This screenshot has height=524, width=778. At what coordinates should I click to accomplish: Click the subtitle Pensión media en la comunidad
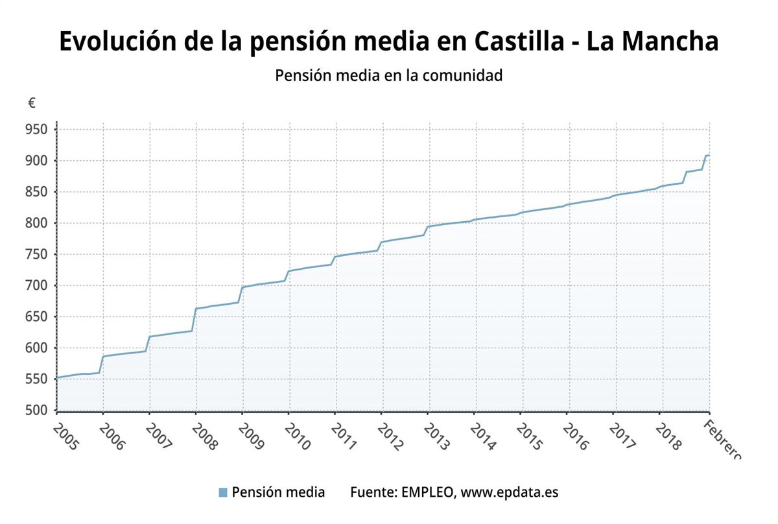[x=389, y=75]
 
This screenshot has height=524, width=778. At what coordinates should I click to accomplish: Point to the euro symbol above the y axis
[x=32, y=102]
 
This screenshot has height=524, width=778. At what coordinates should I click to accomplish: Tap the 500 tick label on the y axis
[x=38, y=410]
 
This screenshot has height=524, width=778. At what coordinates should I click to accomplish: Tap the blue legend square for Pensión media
[x=224, y=493]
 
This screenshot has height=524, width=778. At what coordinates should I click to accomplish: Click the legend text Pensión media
[x=278, y=492]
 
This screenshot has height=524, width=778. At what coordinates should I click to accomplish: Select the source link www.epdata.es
[x=510, y=492]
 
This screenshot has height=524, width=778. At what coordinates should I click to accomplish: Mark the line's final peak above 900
[x=707, y=156]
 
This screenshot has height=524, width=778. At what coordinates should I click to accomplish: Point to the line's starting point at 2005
[x=57, y=377]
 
